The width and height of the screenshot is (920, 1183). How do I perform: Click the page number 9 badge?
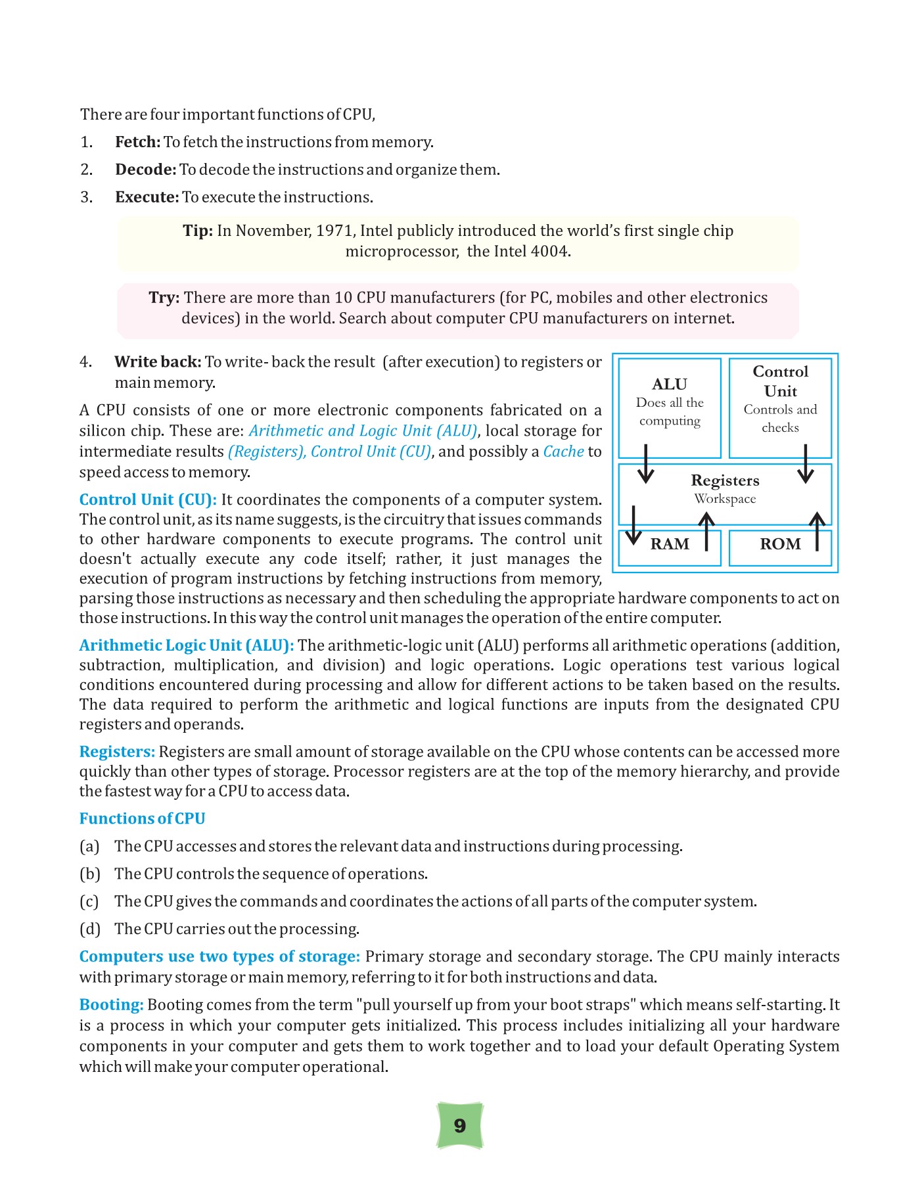[460, 1125]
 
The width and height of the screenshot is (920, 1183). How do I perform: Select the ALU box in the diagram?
[670, 407]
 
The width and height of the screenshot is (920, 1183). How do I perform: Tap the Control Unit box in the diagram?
[780, 407]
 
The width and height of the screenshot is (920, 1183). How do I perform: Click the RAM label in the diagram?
[670, 544]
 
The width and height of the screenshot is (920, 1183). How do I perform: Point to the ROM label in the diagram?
[780, 544]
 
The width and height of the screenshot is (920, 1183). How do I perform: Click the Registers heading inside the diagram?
[725, 480]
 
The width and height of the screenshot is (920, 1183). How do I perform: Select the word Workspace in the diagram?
[725, 499]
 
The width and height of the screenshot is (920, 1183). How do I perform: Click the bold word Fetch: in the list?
[138, 142]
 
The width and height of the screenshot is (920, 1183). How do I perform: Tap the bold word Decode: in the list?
[146, 170]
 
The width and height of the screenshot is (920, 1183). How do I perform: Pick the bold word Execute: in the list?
[147, 197]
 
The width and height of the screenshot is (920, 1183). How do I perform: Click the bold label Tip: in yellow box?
[198, 231]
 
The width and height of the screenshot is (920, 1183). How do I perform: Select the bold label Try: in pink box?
[164, 298]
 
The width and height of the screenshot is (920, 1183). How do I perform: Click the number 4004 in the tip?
[551, 251]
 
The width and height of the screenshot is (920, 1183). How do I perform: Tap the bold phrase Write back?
[158, 362]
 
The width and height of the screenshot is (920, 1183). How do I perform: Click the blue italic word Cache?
[563, 452]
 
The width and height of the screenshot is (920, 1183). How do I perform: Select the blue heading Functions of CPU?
[142, 818]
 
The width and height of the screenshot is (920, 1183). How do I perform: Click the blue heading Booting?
[111, 1004]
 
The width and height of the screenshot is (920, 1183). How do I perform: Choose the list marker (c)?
[89, 901]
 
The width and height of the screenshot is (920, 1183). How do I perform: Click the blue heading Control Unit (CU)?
[148, 499]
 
